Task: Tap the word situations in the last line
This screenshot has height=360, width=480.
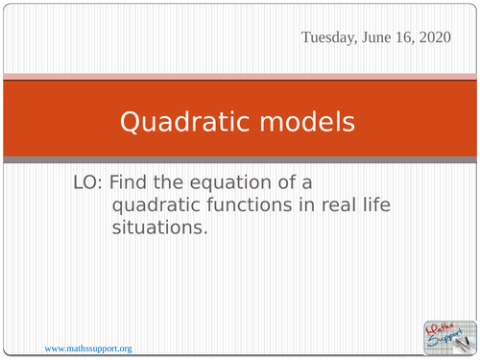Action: pyautogui.click(x=159, y=228)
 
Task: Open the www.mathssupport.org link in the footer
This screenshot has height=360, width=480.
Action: pyautogui.click(x=87, y=348)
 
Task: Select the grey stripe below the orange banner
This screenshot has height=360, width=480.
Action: pyautogui.click(x=240, y=158)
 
